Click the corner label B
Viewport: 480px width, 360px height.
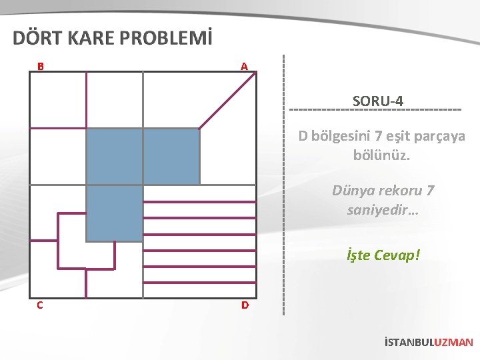tap(41, 67)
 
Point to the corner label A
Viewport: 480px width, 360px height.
tap(244, 67)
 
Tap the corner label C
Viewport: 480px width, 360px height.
tap(41, 305)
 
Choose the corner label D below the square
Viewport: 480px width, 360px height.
tap(245, 305)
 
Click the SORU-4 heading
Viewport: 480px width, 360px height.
tap(377, 101)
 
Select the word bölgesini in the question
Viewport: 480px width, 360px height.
tap(341, 137)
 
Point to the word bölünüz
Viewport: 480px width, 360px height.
tap(381, 155)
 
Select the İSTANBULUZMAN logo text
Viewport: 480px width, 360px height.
tap(429, 343)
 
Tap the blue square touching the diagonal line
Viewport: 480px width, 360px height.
tap(171, 156)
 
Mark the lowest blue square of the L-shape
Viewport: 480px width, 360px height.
tap(115, 213)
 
